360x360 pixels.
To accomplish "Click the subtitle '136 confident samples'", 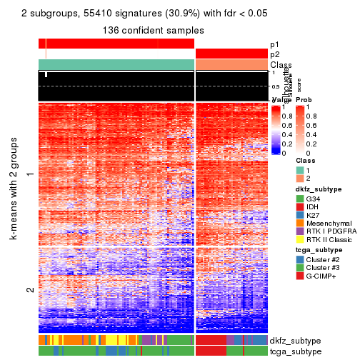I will (154, 31).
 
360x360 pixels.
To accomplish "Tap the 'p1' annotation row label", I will (275, 44).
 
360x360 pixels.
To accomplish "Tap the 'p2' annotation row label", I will (275, 54).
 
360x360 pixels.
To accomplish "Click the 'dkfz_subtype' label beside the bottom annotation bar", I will (295, 340).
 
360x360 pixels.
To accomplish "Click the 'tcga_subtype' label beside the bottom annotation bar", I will (295, 351).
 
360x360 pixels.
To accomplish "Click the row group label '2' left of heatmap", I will (30, 290).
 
